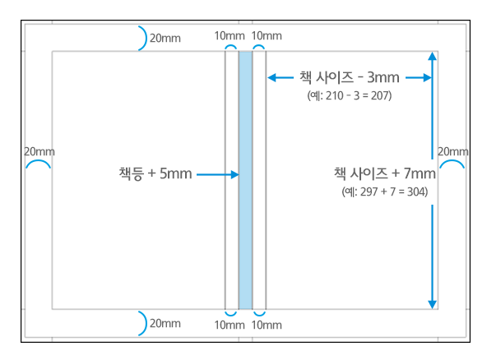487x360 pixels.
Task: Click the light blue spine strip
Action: [x=245, y=180]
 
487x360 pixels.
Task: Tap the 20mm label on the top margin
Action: [x=165, y=38]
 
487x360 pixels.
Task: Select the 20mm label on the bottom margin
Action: [x=165, y=323]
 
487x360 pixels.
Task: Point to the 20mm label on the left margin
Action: [x=39, y=151]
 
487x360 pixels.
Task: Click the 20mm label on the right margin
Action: [x=453, y=151]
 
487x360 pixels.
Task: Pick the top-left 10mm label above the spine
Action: [x=230, y=35]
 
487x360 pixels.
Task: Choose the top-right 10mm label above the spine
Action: [x=267, y=35]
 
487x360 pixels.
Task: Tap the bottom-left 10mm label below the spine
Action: [x=230, y=325]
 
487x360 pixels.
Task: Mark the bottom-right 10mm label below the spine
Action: [x=267, y=325]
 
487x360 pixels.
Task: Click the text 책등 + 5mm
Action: [x=155, y=173]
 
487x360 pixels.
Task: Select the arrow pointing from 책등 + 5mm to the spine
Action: [x=218, y=175]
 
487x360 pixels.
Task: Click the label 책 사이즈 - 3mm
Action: [x=350, y=77]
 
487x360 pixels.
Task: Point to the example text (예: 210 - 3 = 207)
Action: [x=350, y=95]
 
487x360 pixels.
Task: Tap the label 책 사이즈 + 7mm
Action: [x=385, y=173]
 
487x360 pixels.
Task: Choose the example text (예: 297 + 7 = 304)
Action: [x=385, y=192]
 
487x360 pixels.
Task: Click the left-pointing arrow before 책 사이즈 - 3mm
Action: [x=281, y=77]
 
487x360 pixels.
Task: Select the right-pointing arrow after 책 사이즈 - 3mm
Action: [x=419, y=77]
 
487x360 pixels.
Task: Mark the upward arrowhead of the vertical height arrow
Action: [x=433, y=56]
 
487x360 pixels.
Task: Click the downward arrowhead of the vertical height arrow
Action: [x=433, y=304]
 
